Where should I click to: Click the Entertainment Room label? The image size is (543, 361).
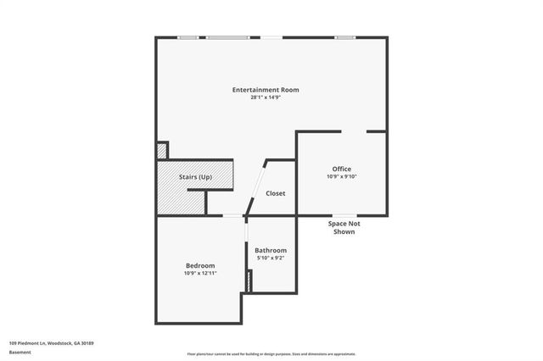click(x=266, y=90)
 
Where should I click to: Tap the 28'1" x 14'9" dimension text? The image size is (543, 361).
click(x=266, y=98)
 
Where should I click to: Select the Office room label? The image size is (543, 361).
click(x=341, y=169)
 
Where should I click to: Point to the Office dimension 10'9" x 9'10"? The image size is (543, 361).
click(x=341, y=177)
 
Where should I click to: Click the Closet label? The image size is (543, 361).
click(x=276, y=193)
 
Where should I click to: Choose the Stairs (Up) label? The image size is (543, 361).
click(x=195, y=176)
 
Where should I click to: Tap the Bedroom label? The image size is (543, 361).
click(x=200, y=265)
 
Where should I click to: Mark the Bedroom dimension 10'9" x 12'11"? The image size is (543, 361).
click(x=200, y=274)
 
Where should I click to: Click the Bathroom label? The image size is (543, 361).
click(x=271, y=250)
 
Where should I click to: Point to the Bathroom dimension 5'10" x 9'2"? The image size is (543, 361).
click(x=271, y=259)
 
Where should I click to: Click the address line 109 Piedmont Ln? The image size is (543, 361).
click(x=51, y=343)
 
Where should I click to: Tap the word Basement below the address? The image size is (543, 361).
click(x=20, y=352)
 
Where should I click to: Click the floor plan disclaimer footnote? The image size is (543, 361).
click(x=271, y=354)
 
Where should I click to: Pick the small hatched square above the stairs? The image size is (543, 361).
click(x=161, y=151)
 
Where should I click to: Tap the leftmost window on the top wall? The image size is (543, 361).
click(x=188, y=37)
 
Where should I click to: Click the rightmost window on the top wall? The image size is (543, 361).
click(x=344, y=37)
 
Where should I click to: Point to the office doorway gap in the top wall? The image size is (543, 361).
click(x=354, y=131)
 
